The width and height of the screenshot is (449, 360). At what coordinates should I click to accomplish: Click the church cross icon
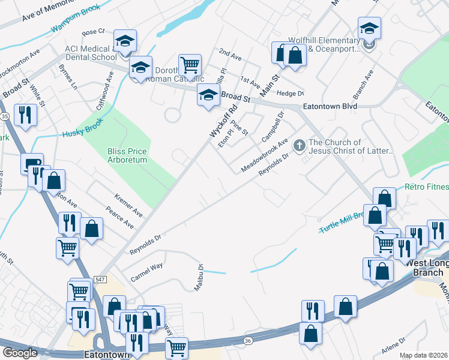click(299, 146)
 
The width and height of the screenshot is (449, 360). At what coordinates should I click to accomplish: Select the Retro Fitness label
click(426, 188)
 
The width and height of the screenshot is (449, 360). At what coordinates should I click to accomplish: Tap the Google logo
click(20, 353)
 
